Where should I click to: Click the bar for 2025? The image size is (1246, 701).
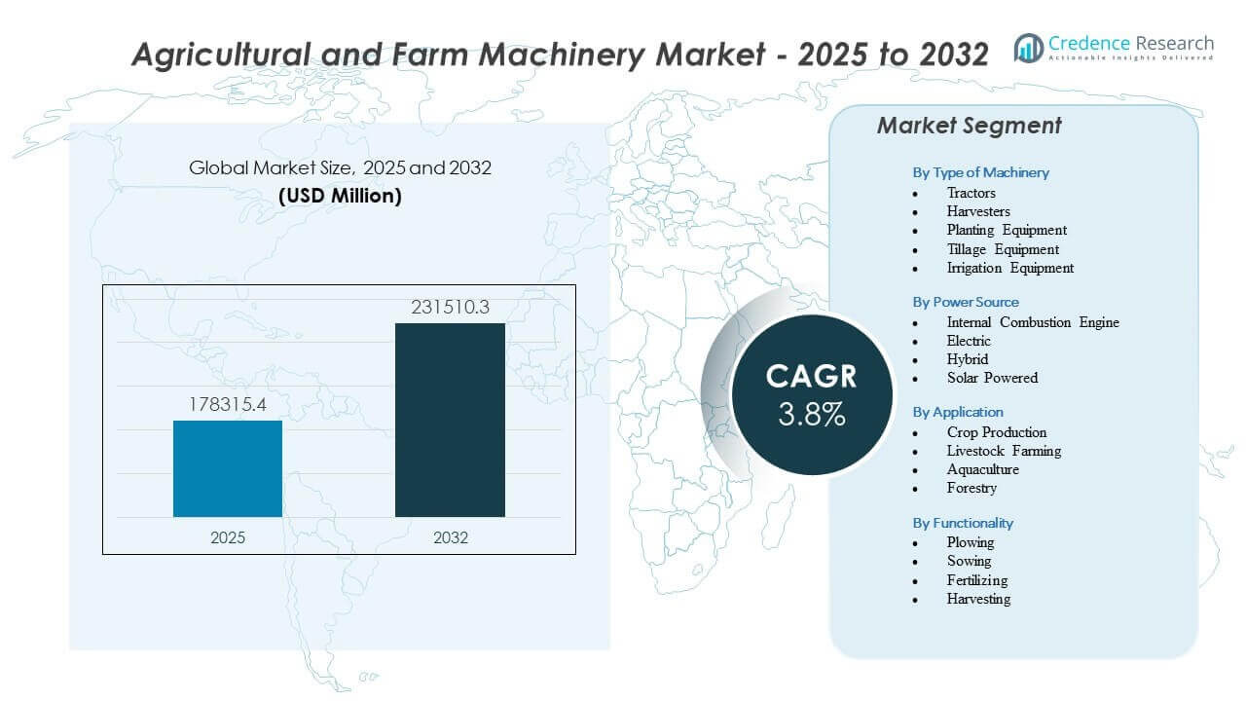pos(228,468)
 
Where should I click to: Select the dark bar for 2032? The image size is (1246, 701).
pos(450,420)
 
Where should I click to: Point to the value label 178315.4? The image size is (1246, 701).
pos(228,404)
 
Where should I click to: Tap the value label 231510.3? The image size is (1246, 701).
pos(450,308)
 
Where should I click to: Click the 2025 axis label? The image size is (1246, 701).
pos(228,537)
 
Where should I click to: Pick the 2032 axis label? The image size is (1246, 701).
pos(450,537)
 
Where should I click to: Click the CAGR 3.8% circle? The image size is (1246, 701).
pos(811,394)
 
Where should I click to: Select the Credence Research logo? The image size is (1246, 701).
pos(1114,47)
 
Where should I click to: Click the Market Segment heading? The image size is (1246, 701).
pos(969,126)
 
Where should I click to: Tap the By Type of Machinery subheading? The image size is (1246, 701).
pos(980,172)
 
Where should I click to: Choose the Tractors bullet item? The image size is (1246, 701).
pos(971,193)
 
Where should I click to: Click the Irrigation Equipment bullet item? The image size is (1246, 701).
pos(1009,268)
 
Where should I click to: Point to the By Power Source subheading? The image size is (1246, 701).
pos(966,302)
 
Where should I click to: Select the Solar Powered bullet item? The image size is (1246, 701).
pos(992,378)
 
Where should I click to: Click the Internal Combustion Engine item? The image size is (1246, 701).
pos(1033,322)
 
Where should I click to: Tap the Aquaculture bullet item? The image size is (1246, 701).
pos(982,469)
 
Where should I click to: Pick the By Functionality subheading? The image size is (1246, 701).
pos(963,523)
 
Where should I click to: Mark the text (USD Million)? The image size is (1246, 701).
pos(340,196)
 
